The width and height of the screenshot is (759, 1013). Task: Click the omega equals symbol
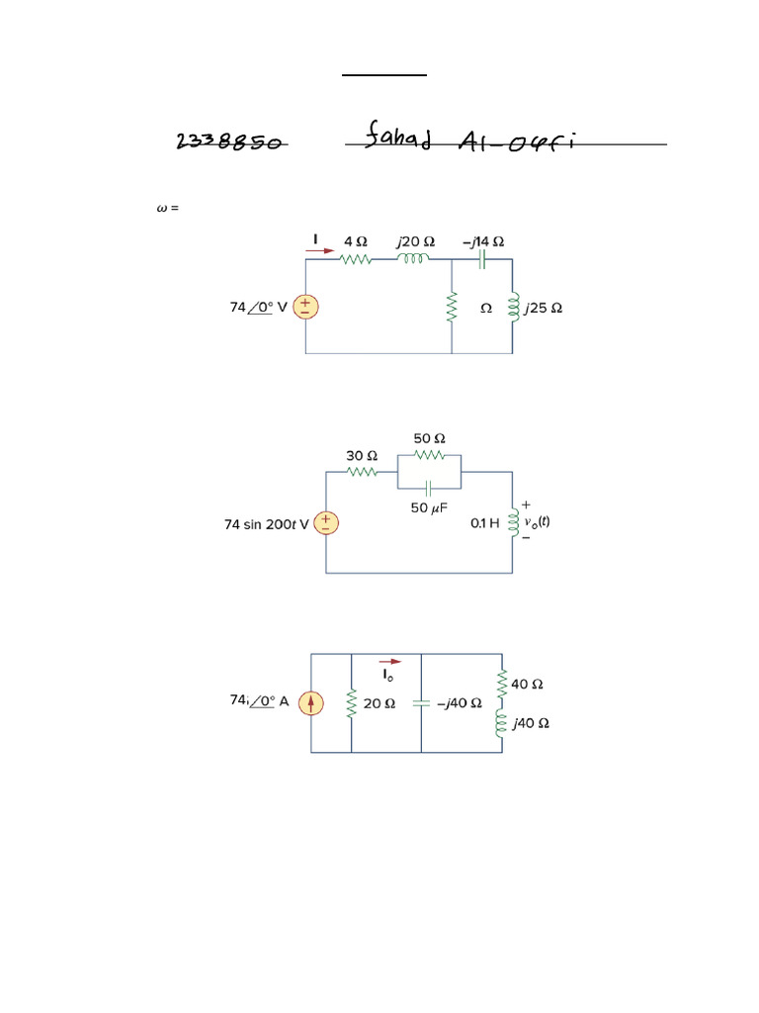(x=167, y=209)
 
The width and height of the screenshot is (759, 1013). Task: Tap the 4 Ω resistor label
(x=355, y=240)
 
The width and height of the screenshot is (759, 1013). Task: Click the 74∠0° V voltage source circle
(x=305, y=308)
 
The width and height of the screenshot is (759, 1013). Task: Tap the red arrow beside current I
(x=320, y=251)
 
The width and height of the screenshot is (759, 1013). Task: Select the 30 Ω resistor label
(x=361, y=456)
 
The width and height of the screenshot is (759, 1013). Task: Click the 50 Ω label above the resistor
(x=429, y=437)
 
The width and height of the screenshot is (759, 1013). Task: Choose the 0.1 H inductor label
(x=484, y=524)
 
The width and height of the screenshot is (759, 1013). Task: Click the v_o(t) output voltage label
(x=537, y=521)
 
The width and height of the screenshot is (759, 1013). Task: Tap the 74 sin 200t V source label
(x=266, y=524)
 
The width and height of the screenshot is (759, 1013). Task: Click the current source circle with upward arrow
(x=311, y=703)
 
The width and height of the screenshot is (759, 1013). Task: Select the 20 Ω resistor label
(x=379, y=703)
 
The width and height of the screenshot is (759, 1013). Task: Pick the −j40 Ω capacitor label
(x=460, y=703)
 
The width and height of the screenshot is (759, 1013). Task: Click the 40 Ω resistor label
(x=528, y=683)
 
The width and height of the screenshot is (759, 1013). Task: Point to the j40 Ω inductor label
(x=530, y=723)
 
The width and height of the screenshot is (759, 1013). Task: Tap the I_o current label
(x=389, y=675)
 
